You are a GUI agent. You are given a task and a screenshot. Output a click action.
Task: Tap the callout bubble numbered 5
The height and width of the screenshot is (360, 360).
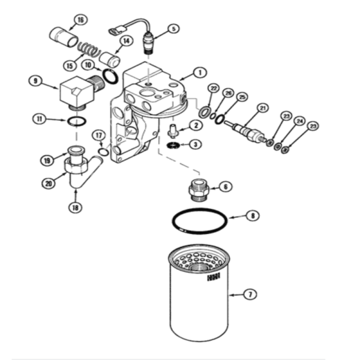(173, 28)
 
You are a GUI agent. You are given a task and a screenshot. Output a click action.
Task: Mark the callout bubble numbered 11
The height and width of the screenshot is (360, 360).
(40, 119)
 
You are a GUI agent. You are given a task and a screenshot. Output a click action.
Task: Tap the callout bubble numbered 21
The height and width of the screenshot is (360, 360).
(262, 108)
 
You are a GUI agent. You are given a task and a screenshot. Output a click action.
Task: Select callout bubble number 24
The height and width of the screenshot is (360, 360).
(299, 121)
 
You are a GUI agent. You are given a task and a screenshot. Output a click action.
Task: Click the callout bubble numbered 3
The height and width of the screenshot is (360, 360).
(196, 144)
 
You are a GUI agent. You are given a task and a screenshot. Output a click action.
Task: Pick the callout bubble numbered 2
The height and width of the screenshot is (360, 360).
(196, 125)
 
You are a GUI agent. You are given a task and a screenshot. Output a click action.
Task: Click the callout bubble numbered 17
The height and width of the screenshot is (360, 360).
(98, 136)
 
